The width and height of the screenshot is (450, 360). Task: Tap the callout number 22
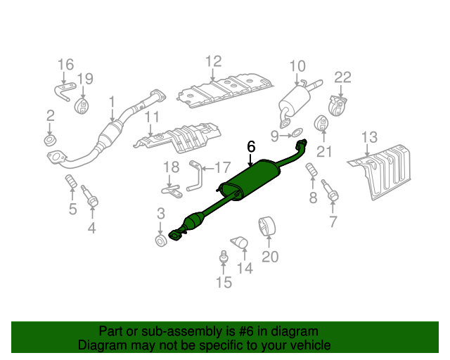point(342,77)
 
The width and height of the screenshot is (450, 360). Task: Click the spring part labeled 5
point(70,186)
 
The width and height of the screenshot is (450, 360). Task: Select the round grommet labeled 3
point(160,242)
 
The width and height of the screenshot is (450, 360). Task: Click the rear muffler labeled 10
point(293,101)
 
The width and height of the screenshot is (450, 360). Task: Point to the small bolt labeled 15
point(224,258)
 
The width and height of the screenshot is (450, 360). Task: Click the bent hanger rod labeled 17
point(195,174)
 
